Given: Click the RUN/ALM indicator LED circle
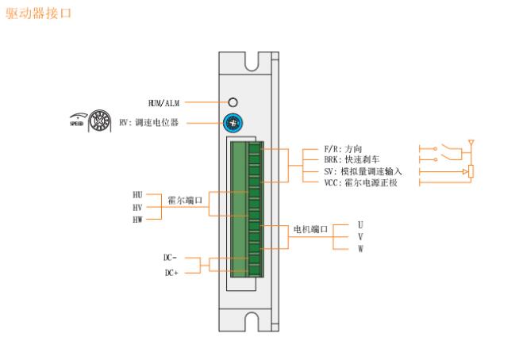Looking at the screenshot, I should (x=233, y=102).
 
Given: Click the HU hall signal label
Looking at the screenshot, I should (x=138, y=194).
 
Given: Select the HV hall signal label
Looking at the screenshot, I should (x=138, y=206).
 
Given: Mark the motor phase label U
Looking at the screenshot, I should (x=360, y=225).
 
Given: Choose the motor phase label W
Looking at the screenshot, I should (x=360, y=249).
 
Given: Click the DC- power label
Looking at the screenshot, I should (x=171, y=258).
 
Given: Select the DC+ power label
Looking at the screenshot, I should (x=171, y=273).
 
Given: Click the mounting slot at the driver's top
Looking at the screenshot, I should (x=253, y=60).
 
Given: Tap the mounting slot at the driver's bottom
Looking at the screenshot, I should (x=253, y=321).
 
